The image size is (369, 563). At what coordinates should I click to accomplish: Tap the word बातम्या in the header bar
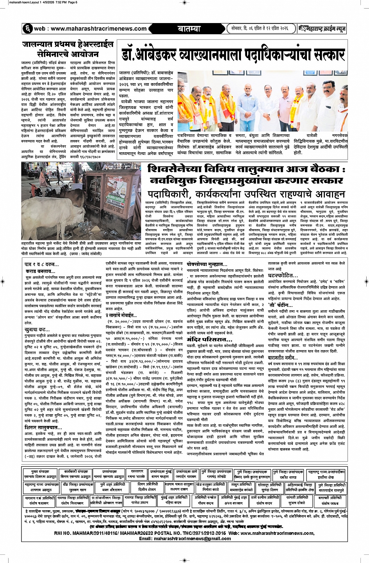(189, 29)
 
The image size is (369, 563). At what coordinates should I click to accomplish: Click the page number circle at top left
(27, 29)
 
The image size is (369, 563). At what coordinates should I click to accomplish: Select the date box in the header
(259, 29)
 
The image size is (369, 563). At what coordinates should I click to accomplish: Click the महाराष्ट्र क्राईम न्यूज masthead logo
(322, 29)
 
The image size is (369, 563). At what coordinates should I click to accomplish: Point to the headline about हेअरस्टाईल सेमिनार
(68, 49)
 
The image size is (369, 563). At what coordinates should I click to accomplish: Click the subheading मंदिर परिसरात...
(204, 340)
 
